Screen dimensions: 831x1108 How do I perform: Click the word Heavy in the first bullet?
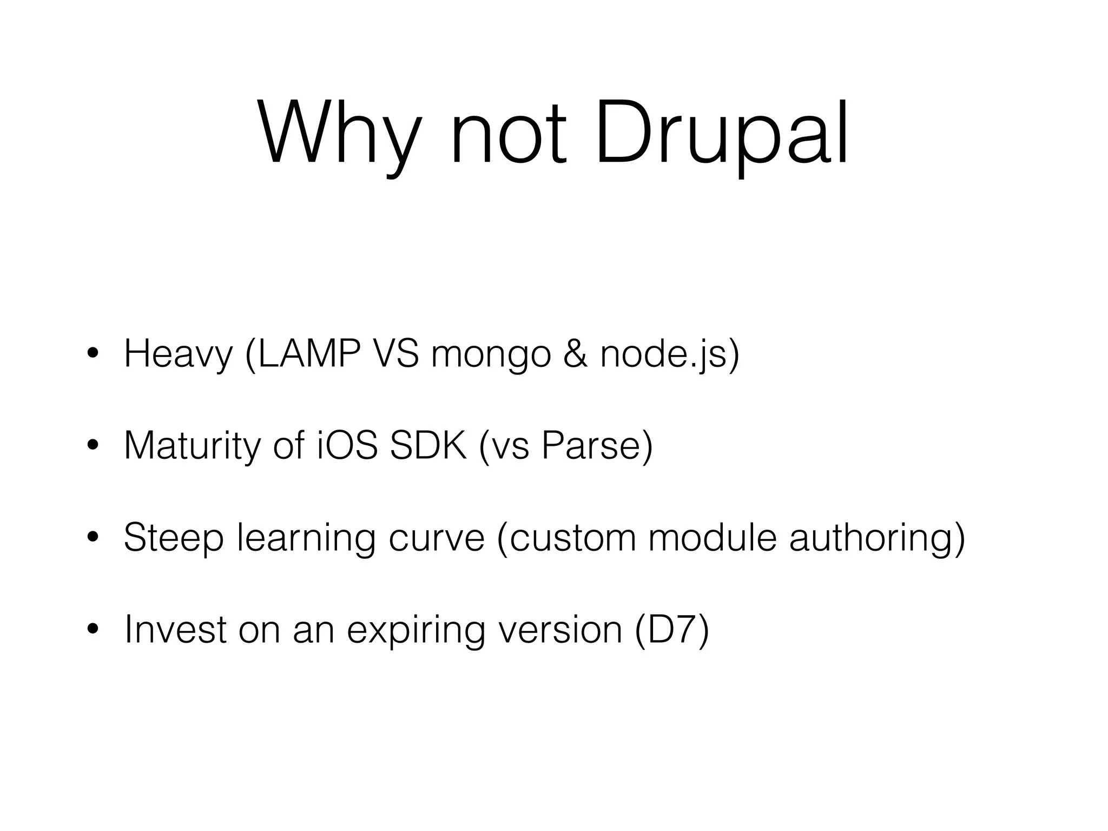coord(178,354)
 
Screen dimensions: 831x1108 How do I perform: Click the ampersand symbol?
coord(575,354)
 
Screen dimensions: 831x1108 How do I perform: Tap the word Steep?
coord(173,539)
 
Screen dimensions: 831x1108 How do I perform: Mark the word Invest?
coord(175,630)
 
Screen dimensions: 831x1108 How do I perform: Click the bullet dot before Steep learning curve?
coord(93,538)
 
